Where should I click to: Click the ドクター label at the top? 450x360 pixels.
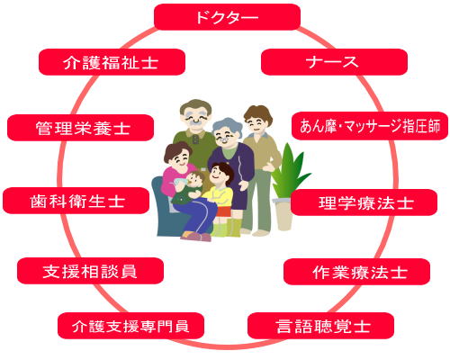pyautogui.click(x=227, y=17)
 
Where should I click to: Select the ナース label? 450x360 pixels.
pyautogui.click(x=334, y=62)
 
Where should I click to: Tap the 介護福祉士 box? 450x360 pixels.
pyautogui.click(x=112, y=62)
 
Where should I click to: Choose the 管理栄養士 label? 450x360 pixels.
pyautogui.click(x=80, y=128)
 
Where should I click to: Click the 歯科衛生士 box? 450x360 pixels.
pyautogui.click(x=76, y=201)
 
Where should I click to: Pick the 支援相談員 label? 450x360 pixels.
pyautogui.click(x=90, y=271)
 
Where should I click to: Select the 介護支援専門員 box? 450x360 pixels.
pyautogui.click(x=130, y=326)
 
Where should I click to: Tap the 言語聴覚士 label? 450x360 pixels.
pyautogui.click(x=320, y=326)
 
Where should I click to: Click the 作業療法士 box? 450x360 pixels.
pyautogui.click(x=356, y=272)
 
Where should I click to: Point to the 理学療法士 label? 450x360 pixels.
pyautogui.click(x=364, y=202)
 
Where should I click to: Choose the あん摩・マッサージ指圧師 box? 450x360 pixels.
pyautogui.click(x=370, y=126)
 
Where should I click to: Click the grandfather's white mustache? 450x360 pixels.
pyautogui.click(x=196, y=121)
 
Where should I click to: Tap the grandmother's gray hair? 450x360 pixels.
pyautogui.click(x=227, y=126)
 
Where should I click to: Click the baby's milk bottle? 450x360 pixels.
pyautogui.click(x=181, y=182)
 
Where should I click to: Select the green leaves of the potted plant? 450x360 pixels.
pyautogui.click(x=289, y=171)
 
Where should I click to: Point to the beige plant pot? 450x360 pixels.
pyautogui.click(x=283, y=213)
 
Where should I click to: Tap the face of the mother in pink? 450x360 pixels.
pyautogui.click(x=179, y=158)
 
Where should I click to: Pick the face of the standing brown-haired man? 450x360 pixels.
pyautogui.click(x=256, y=123)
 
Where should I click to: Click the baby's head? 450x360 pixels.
pyautogui.click(x=195, y=179)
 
